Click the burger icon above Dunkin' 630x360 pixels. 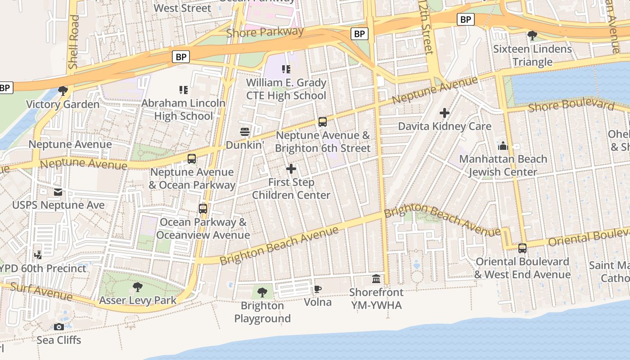tap(245, 132)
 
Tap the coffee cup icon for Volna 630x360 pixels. tap(318, 289)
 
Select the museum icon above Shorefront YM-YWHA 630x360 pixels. tap(376, 279)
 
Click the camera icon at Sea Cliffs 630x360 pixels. tap(59, 327)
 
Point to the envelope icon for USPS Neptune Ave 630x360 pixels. tap(58, 192)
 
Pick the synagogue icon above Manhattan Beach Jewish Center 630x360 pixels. tap(503, 146)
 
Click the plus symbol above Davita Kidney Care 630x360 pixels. tap(445, 113)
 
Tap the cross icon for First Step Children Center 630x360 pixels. tap(291, 169)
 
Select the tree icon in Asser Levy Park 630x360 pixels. tap(138, 287)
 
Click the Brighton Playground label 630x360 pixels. tap(262, 312)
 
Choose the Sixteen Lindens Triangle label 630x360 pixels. tap(532, 55)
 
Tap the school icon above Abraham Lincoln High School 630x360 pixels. tap(183, 90)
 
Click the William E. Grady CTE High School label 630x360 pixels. tap(286, 89)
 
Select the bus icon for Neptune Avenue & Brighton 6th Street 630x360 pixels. tap(323, 122)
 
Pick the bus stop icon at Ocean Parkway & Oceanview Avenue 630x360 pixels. tap(203, 209)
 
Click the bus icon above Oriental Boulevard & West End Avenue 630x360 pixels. tap(522, 248)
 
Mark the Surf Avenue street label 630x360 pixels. tap(41, 292)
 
